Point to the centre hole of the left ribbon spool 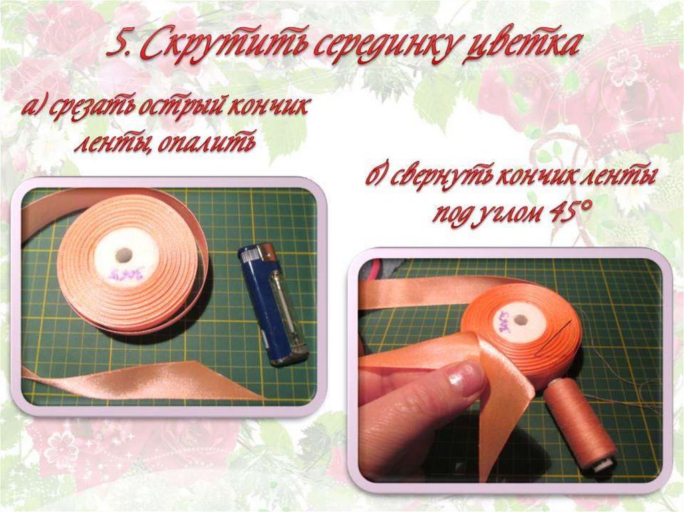pyautogui.click(x=124, y=254)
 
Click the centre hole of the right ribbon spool pyautogui.click(x=520, y=320)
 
